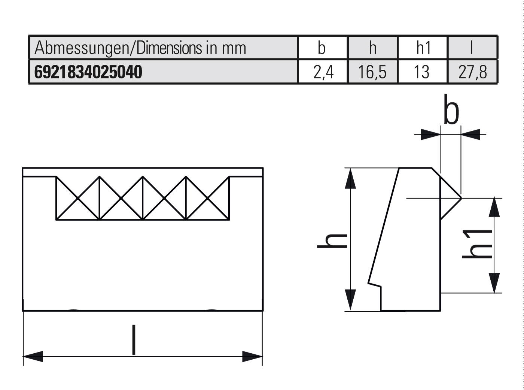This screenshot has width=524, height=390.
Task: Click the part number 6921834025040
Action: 88,72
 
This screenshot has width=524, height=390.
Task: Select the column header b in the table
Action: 322,48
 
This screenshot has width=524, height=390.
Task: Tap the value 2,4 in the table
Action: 323,72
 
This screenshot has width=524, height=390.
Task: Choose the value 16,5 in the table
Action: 372,72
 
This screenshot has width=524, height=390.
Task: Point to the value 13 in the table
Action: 422,72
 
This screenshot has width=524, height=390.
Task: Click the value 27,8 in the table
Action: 473,72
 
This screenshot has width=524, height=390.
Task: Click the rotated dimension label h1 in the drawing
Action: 477,244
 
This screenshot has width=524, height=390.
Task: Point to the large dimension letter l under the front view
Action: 134,340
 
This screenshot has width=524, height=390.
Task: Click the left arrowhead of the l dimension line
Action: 33,356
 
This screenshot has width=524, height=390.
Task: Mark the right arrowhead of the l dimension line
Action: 253,356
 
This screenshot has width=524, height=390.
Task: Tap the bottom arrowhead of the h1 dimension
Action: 494,283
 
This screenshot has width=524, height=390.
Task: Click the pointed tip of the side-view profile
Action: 460,198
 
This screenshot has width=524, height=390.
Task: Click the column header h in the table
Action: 372,48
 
